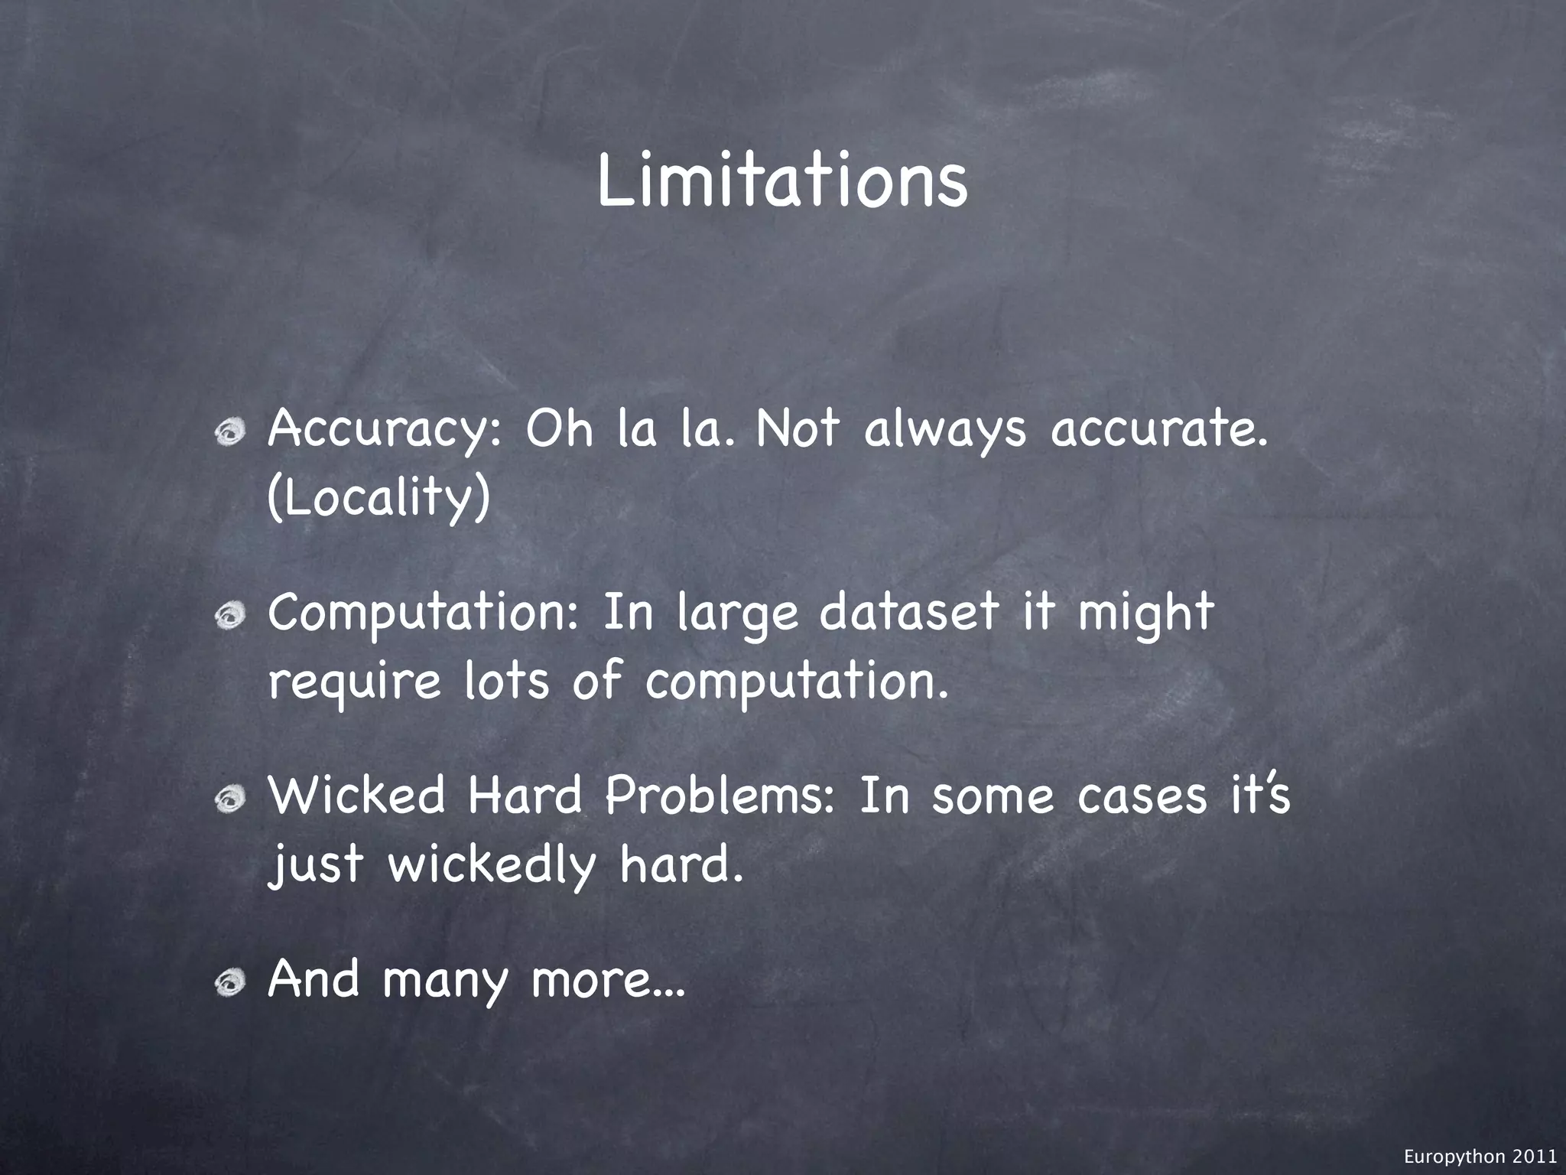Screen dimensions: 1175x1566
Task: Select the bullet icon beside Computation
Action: [229, 614]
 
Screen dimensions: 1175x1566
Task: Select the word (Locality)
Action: [379, 499]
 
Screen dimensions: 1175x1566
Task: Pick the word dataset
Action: [909, 614]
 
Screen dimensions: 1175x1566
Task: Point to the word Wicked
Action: [356, 796]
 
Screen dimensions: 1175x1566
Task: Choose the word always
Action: [945, 431]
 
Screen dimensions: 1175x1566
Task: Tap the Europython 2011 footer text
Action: [1480, 1157]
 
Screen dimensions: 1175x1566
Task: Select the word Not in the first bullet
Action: [798, 429]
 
